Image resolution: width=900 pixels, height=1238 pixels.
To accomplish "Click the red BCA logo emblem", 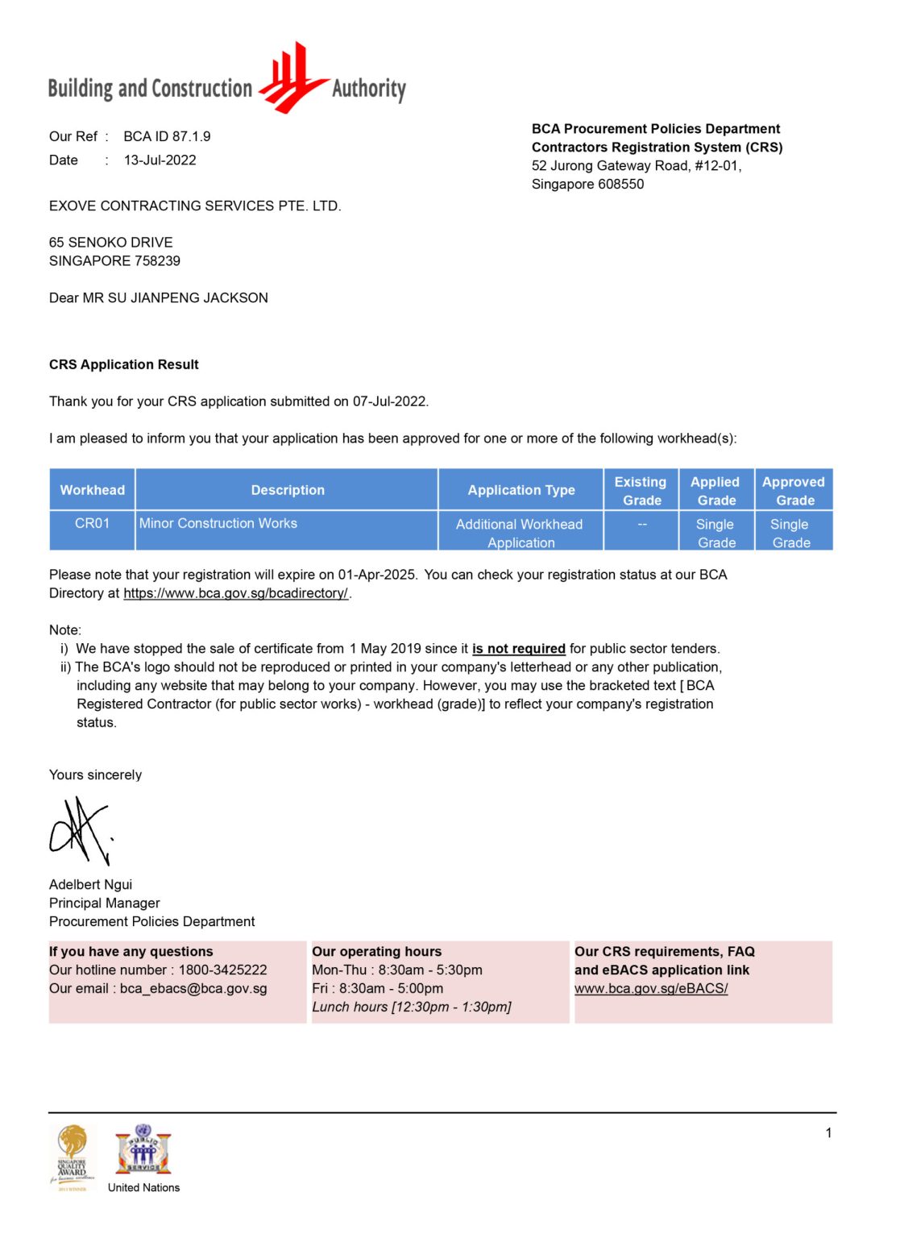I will [292, 79].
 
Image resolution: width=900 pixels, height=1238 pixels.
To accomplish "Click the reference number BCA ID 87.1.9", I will [167, 136].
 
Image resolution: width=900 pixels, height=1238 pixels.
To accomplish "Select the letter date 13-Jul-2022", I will [160, 160].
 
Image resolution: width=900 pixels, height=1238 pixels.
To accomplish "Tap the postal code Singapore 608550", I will [587, 184].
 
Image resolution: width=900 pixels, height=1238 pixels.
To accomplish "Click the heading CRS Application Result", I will [123, 364].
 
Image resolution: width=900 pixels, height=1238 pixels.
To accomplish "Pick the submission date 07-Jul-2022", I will [390, 401].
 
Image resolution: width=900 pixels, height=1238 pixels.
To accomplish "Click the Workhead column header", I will [92, 490].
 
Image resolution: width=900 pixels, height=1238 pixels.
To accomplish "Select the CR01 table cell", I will [92, 524].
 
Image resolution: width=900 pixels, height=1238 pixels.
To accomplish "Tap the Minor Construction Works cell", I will [218, 524].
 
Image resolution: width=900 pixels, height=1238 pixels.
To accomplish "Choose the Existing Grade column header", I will [641, 490].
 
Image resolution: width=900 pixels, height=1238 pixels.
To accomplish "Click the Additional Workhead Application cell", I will [520, 533].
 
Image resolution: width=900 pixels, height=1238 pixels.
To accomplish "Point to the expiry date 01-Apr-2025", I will [377, 575].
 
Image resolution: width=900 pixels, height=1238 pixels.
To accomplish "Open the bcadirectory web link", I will [235, 593].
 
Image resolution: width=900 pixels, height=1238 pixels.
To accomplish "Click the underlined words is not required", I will [518, 649].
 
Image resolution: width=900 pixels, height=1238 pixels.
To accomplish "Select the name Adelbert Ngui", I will [90, 884].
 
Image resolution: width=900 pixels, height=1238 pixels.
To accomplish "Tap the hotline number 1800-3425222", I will [222, 970].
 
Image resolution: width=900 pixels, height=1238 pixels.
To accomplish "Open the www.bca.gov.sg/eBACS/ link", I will [651, 988].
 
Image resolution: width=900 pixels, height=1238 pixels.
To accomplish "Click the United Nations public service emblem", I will [143, 1151].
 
